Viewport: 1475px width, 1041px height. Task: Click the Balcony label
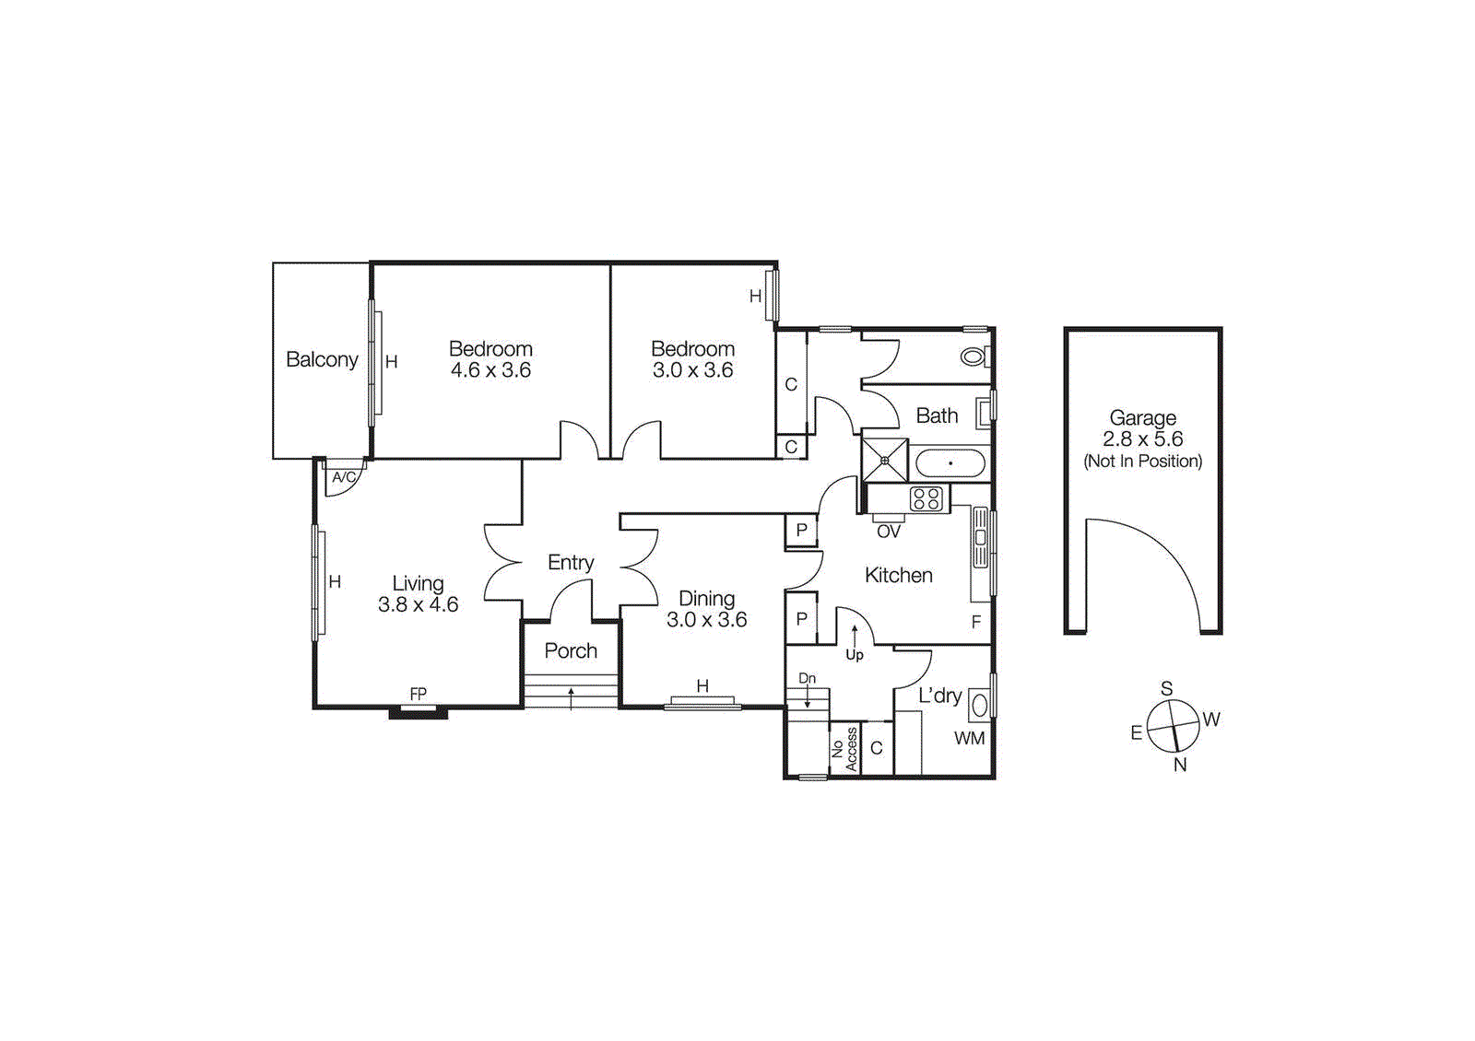coord(322,359)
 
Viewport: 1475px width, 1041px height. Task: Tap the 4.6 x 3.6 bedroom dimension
coord(490,370)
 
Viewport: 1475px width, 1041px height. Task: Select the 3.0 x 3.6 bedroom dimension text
coord(692,370)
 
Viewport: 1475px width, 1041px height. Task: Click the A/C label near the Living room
coord(344,477)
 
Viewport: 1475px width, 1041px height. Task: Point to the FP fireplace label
coord(419,694)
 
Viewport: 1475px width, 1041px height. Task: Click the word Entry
coord(571,562)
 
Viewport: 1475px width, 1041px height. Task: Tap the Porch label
coord(571,650)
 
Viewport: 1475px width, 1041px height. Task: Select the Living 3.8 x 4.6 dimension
coord(418,605)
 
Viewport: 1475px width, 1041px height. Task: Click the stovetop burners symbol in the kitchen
coord(926,499)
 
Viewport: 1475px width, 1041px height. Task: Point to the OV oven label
coord(888,532)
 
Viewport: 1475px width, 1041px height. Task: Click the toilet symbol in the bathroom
coord(973,356)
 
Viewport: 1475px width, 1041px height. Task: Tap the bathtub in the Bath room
coord(950,463)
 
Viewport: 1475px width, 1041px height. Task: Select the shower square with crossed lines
coord(885,460)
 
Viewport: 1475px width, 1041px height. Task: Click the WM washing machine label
coord(969,738)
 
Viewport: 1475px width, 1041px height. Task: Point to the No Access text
coord(844,749)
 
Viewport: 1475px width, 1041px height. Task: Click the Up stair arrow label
coord(855,655)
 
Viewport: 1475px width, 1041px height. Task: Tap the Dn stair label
coord(807,678)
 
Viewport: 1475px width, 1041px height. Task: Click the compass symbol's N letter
coord(1180,765)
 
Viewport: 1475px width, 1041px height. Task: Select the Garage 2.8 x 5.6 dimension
coord(1143,439)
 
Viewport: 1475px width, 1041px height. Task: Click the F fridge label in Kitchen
coord(976,622)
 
